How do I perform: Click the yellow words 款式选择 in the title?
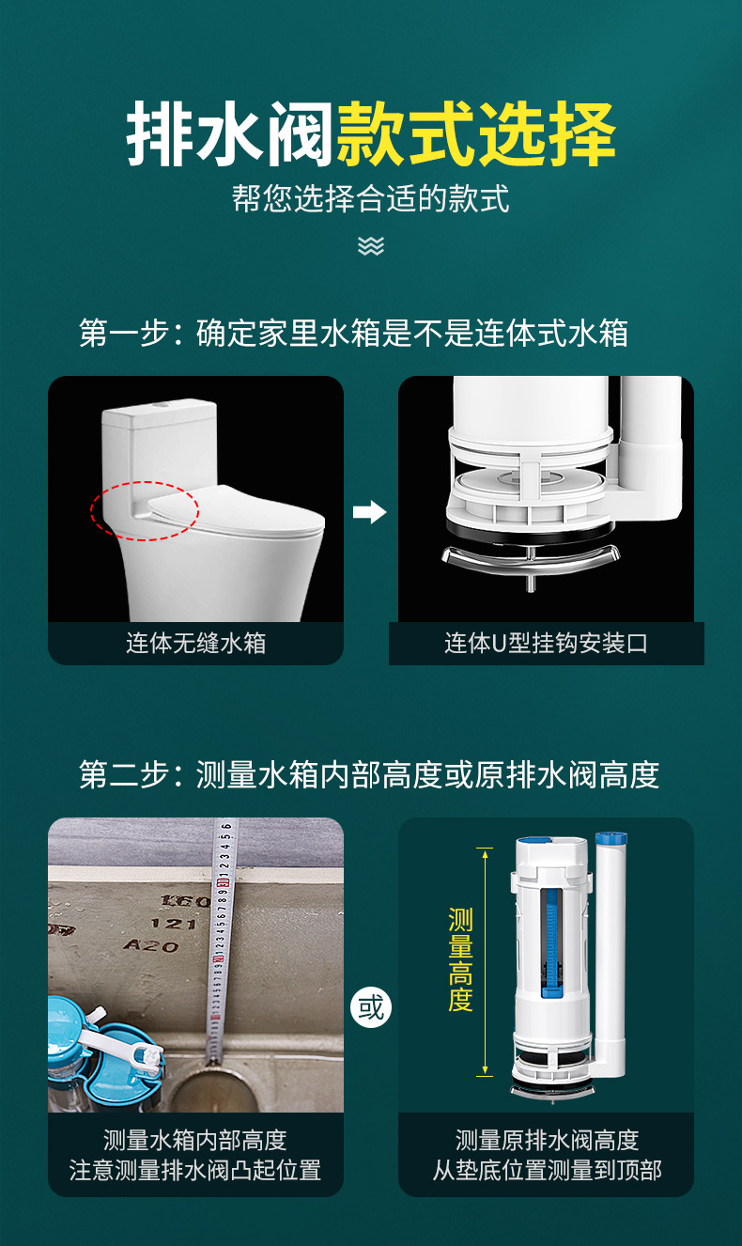coord(476,134)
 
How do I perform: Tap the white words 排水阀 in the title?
coord(229,134)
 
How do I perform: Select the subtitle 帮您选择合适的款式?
coord(371,198)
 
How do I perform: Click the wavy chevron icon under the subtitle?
coord(371,245)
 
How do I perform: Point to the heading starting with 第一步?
coord(353,334)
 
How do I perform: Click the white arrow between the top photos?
coord(370,512)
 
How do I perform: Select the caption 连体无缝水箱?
coord(195,643)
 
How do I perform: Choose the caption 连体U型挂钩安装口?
coord(546,643)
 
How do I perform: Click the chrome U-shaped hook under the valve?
coord(531,560)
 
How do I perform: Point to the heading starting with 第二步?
coord(369,774)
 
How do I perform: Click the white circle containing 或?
coord(371,1007)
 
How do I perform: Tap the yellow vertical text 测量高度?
coord(461,960)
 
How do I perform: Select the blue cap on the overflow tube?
coord(611,838)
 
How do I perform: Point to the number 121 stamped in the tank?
coord(174,924)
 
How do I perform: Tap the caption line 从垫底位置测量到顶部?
coord(547,1170)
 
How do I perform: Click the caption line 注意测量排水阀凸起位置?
coord(195,1170)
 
